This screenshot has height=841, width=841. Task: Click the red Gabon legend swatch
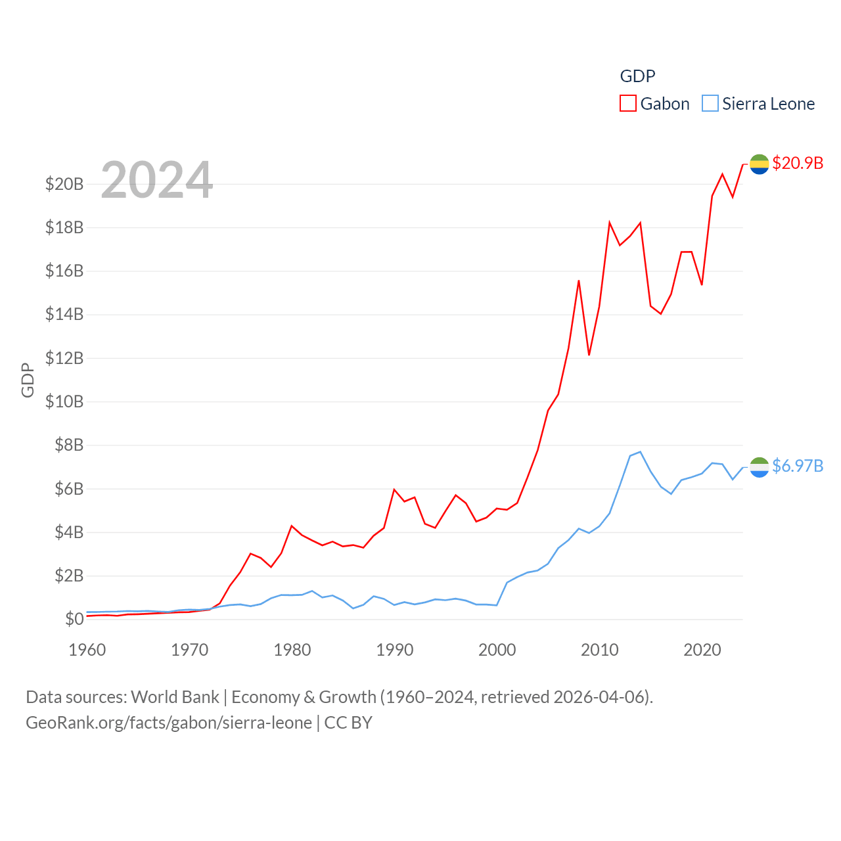(628, 104)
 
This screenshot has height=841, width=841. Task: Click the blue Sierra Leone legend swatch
(710, 104)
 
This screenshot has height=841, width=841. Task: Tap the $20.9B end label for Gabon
(798, 163)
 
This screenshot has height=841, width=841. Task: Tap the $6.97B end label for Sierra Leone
(798, 466)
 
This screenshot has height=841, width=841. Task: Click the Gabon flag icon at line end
(759, 164)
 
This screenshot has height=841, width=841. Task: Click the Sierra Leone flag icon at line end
(759, 467)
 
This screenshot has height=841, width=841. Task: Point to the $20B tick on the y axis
(64, 184)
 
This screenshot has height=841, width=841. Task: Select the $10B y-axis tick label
(64, 401)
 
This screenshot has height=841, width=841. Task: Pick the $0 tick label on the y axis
(74, 619)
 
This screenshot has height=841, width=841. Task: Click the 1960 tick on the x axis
(87, 650)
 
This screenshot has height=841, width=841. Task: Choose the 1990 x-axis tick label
(394, 650)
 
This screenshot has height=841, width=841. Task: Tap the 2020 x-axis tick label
(702, 650)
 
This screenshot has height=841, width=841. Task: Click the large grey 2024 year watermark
(157, 180)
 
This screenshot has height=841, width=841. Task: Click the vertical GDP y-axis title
(28, 380)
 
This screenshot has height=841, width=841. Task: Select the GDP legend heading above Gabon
(637, 76)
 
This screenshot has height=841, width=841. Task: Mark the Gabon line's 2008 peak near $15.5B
(579, 281)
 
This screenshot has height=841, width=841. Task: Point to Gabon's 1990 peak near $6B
(394, 489)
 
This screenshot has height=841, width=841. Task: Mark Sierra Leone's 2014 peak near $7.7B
(640, 452)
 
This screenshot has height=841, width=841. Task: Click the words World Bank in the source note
(175, 696)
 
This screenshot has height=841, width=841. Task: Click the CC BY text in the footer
(348, 723)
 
